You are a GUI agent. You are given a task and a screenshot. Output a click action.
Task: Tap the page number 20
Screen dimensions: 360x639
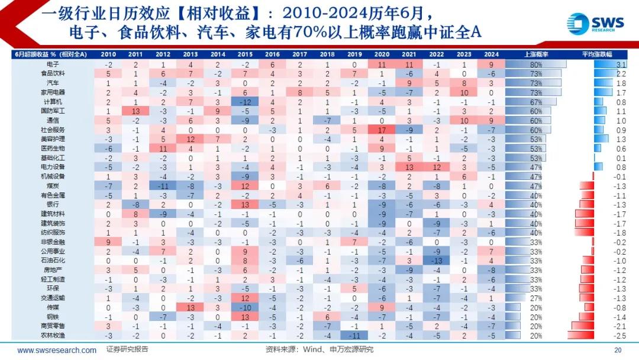tap(619, 350)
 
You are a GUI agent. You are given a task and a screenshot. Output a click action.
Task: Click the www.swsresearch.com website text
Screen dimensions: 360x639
tap(57, 350)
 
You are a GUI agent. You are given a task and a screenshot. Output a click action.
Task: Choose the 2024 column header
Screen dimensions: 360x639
tap(490, 54)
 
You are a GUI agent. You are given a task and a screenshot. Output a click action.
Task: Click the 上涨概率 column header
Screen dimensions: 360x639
tap(536, 54)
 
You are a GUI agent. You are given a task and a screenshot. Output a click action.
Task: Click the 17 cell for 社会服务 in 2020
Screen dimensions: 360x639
tap(382, 130)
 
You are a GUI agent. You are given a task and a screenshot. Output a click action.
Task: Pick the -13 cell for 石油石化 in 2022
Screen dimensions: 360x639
tap(437, 261)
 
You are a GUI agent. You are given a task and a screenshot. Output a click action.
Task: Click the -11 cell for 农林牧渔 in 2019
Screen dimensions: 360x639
tap(354, 335)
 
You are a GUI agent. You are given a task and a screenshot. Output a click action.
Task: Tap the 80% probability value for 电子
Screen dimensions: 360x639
tap(536, 64)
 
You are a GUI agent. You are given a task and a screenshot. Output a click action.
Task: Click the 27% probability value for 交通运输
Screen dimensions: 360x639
tap(536, 298)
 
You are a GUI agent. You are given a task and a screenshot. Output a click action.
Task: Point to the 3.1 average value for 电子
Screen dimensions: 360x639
tap(621, 64)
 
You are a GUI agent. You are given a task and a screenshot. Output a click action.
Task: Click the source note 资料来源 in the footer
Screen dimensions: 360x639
tap(319, 350)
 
